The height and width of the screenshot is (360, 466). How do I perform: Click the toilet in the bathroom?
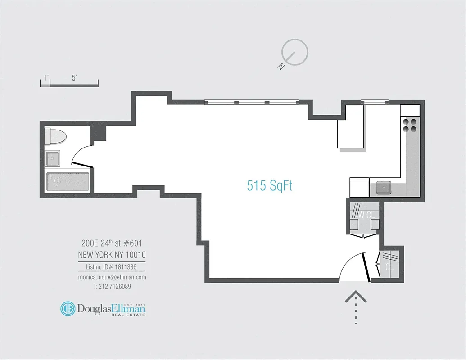(55, 137)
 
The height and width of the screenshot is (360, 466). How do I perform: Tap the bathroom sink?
(53, 158)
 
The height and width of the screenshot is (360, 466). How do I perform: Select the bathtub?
(68, 181)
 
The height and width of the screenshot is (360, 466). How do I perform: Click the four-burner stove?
(410, 125)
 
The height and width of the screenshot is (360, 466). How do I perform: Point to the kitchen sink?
(384, 188)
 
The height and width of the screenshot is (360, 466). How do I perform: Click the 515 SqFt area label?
(270, 186)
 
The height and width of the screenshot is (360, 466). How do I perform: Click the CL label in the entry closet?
(389, 267)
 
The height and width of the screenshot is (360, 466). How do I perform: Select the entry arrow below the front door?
(356, 307)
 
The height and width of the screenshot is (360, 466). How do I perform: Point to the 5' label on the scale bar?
(74, 78)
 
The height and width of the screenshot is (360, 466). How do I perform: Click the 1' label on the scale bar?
(46, 78)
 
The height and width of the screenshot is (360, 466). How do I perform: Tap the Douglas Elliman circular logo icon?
(68, 309)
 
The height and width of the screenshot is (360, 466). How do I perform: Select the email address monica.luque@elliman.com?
(112, 277)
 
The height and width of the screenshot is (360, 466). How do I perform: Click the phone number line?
(112, 287)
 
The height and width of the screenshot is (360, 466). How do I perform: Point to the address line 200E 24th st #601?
(112, 243)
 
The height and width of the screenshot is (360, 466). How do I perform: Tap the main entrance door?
(366, 267)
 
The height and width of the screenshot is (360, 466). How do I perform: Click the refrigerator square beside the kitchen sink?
(359, 188)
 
